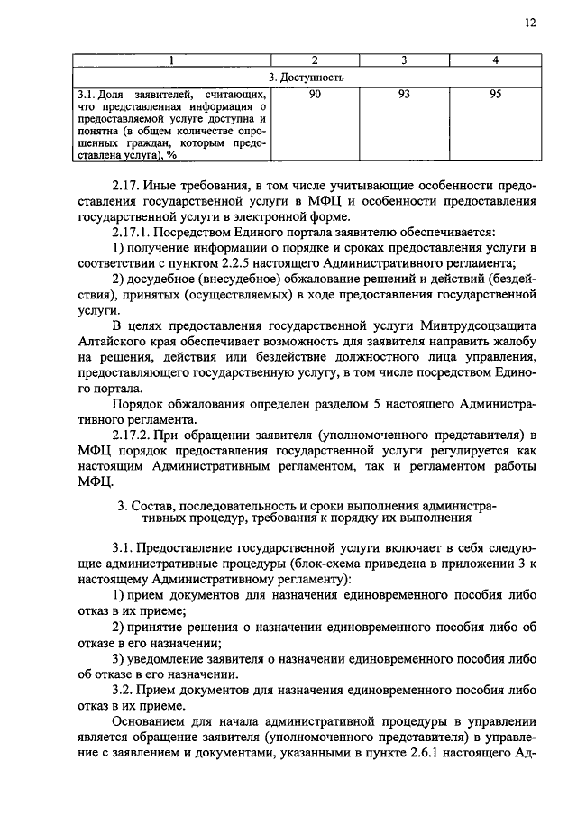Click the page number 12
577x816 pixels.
pyautogui.click(x=529, y=23)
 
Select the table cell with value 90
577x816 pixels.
pyautogui.click(x=315, y=93)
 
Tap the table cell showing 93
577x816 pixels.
pyautogui.click(x=404, y=93)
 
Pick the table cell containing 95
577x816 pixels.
pyautogui.click(x=493, y=93)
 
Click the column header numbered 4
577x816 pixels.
pyautogui.click(x=493, y=60)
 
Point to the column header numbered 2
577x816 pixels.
pyautogui.click(x=315, y=60)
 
